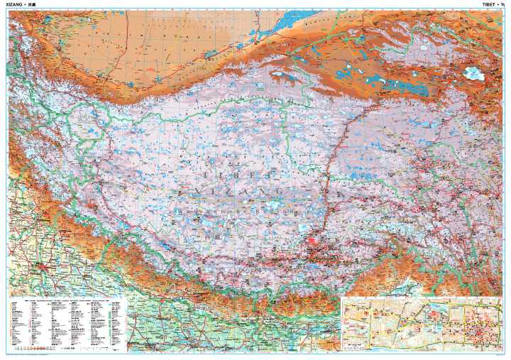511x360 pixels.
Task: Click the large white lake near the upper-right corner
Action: pos(472,72)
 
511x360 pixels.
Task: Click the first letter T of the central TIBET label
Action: pos(204,174)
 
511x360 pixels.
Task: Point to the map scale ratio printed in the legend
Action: pos(69,349)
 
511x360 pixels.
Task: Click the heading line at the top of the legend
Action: pos(67,300)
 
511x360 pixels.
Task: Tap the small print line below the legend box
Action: pos(43,354)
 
